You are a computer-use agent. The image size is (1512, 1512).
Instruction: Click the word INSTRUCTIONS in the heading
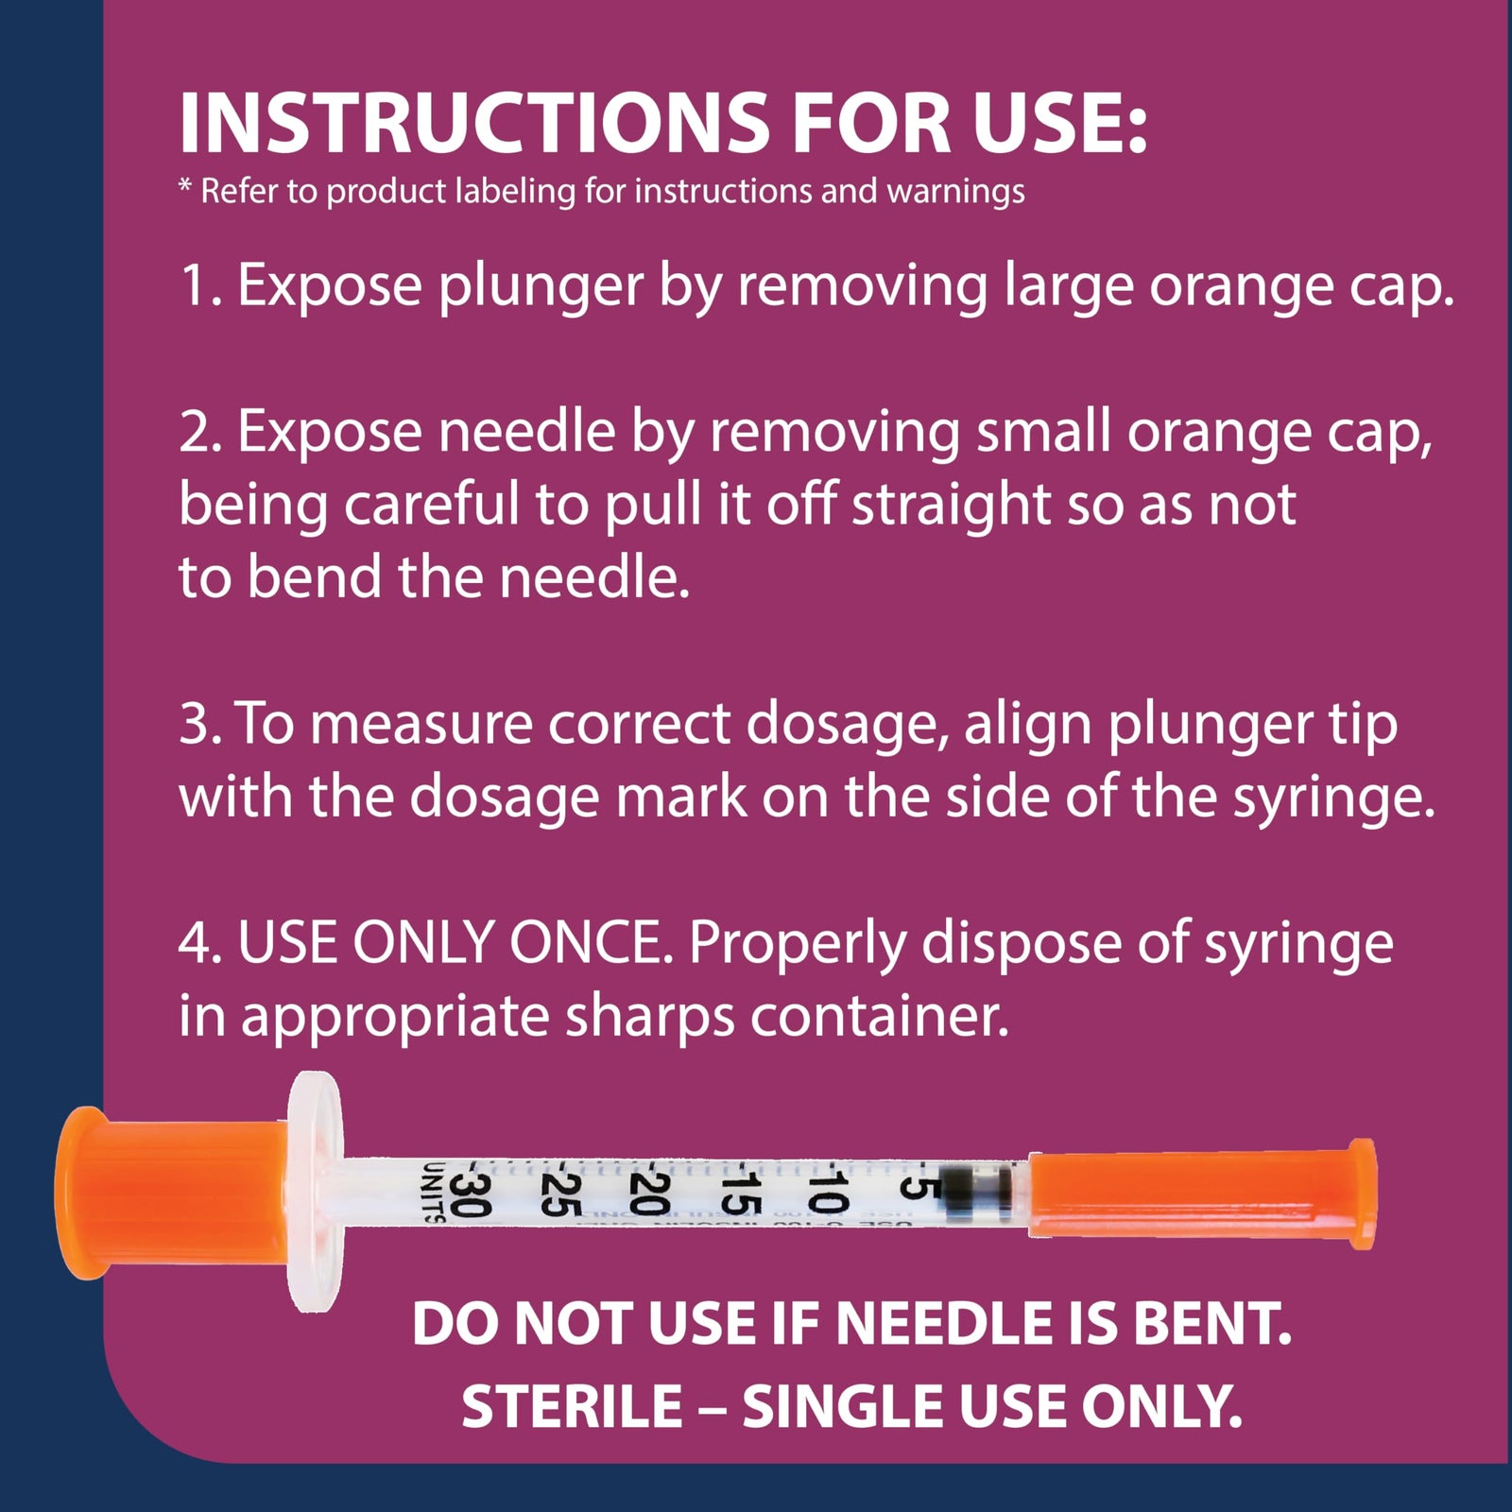(473, 123)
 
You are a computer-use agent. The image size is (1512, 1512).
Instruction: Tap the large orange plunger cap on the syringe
(175, 1193)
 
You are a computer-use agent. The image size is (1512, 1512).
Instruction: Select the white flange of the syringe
(316, 1193)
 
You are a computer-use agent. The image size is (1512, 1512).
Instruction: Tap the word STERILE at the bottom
(573, 1406)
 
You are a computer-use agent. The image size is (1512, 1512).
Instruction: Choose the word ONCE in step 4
(592, 943)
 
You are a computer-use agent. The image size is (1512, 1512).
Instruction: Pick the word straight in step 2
(951, 506)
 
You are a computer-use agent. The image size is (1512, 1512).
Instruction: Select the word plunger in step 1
(541, 286)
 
